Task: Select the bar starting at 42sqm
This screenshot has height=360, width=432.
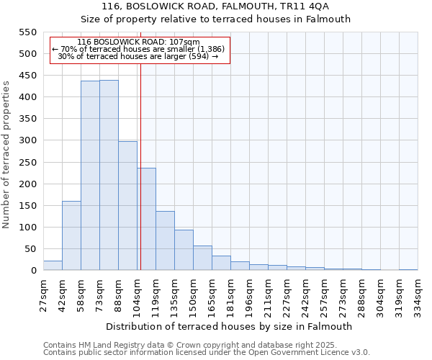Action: coord(71,235)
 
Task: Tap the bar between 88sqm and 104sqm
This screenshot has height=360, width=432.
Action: coord(127,206)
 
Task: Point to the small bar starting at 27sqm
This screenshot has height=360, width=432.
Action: coord(53,266)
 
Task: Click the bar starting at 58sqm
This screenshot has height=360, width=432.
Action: coord(90,176)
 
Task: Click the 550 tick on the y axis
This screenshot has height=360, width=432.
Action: coord(27,32)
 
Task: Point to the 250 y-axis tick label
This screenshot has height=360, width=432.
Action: coord(27,163)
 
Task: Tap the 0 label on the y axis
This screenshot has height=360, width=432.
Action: coord(33,271)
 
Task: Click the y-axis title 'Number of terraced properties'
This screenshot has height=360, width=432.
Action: coord(6,155)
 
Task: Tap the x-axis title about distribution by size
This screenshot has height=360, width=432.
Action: coord(230,326)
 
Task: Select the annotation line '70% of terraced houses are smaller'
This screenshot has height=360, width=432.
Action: coord(139,49)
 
